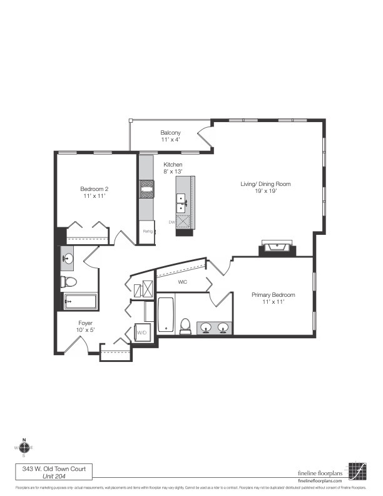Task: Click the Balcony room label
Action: tap(170, 133)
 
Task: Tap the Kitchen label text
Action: tap(155, 165)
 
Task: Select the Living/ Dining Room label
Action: tap(266, 184)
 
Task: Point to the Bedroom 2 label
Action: tap(94, 189)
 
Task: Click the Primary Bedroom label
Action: tap(273, 294)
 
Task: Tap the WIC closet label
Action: tap(183, 282)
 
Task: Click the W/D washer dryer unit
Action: tap(141, 332)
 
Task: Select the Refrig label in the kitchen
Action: tap(148, 231)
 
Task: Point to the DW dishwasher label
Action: tap(171, 222)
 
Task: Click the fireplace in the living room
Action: tap(276, 248)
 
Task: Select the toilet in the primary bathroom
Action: tap(185, 325)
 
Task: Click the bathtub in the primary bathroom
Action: tap(165, 316)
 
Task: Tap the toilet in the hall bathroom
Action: tap(69, 282)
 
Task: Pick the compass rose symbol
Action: tap(24, 447)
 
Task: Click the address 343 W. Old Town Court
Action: tap(54, 468)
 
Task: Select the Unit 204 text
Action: tap(54, 476)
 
